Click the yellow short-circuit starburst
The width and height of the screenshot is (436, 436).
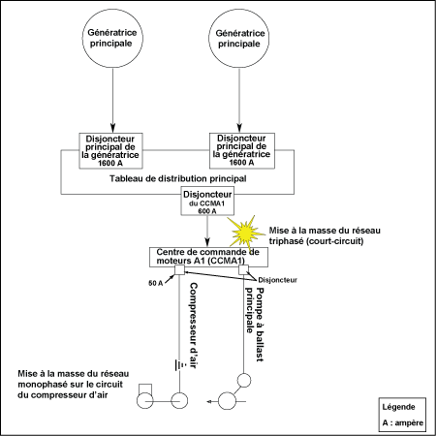(245, 232)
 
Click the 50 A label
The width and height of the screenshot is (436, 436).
(156, 283)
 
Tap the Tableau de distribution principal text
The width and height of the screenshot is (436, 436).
(178, 178)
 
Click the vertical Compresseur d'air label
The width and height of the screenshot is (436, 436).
(193, 326)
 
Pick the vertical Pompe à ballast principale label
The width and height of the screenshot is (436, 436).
(255, 325)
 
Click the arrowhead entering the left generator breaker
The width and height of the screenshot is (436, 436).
(112, 128)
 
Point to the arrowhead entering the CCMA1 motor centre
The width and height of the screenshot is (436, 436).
(207, 242)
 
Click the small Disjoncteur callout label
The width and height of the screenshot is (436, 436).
(277, 280)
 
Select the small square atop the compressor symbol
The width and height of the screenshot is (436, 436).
(145, 389)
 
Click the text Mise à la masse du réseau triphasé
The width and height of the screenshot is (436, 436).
(325, 235)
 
